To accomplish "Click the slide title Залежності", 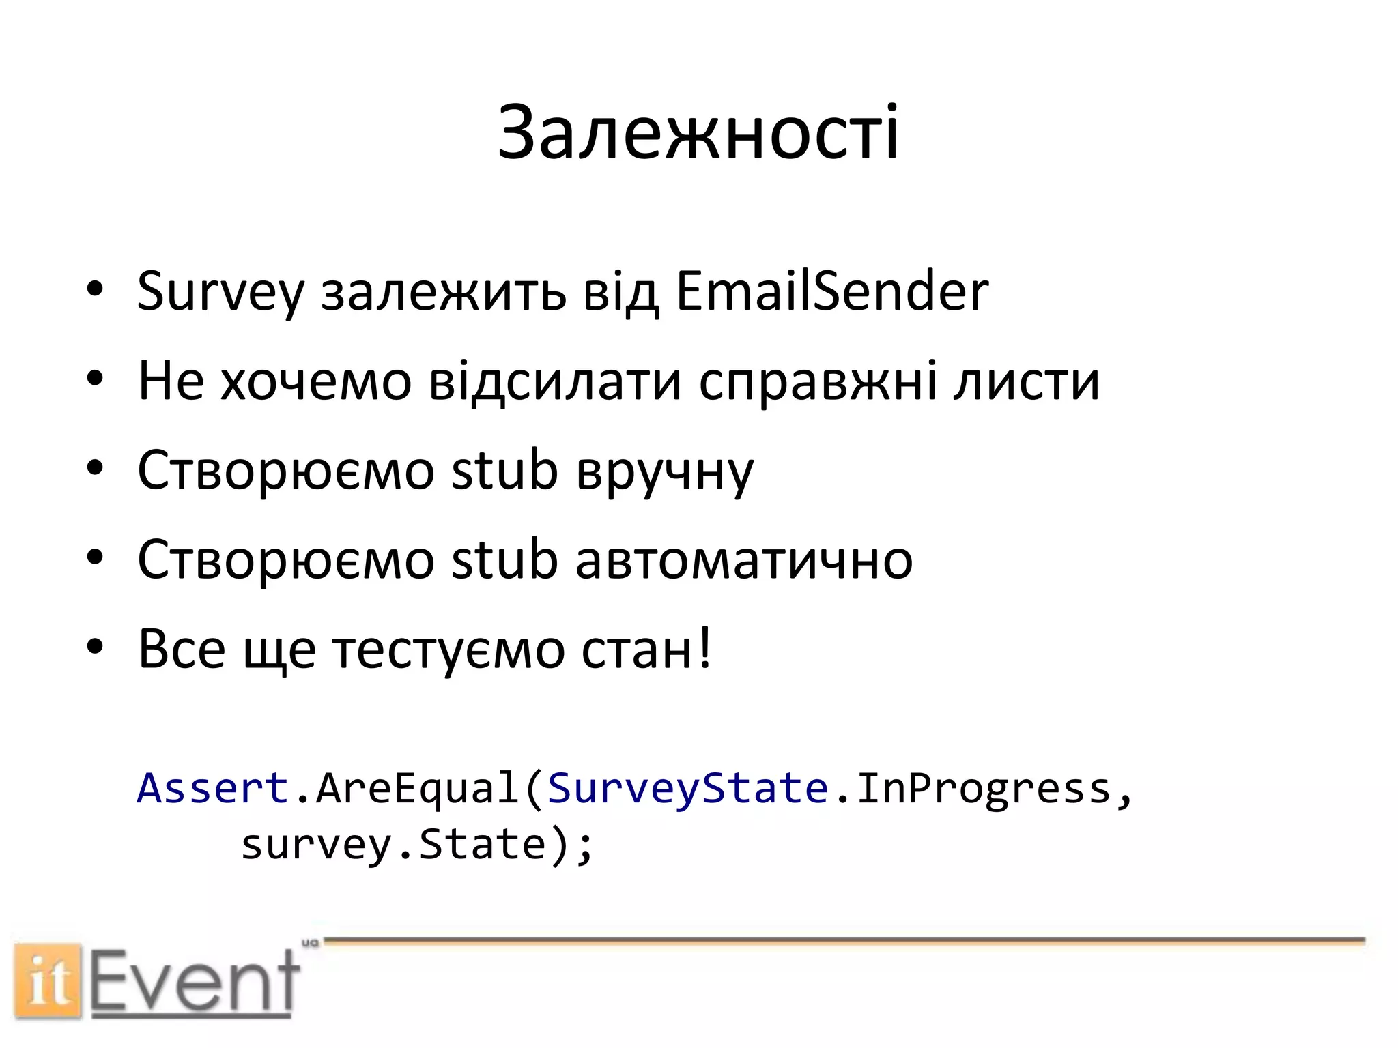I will pos(698,133).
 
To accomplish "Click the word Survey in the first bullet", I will pos(220,292).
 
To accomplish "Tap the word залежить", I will pos(443,292).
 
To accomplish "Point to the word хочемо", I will pos(315,381).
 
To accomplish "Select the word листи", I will pos(1027,381).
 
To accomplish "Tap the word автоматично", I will pos(743,559).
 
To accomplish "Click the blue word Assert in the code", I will pos(213,788).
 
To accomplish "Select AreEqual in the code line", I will pos(416,788).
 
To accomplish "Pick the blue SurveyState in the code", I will pos(687,788).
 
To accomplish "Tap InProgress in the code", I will pos(983,789).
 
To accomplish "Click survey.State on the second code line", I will pos(394,845).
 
